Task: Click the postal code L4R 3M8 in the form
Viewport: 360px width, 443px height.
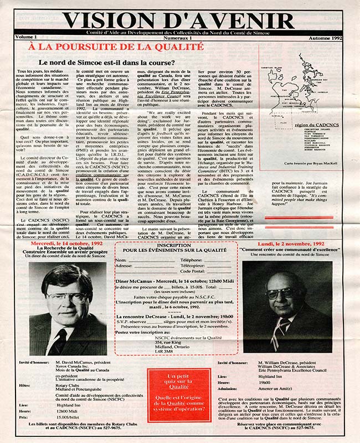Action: click(164, 351)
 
